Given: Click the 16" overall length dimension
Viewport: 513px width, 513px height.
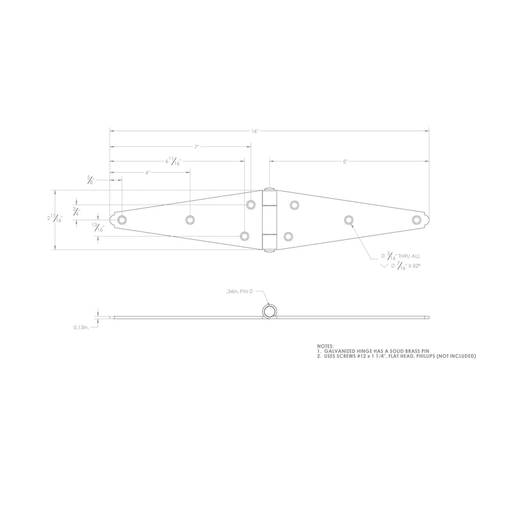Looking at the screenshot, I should (255, 131).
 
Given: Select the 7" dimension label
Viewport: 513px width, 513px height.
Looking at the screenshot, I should (197, 147).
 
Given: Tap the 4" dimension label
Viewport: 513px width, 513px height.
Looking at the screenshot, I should (147, 173).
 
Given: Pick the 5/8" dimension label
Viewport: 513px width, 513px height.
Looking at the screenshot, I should (89, 181).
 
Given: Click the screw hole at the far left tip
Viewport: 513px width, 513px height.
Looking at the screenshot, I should (122, 220).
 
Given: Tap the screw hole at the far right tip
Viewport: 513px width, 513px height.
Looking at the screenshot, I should (417, 220).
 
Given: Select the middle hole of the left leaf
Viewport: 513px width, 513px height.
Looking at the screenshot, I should (190, 220).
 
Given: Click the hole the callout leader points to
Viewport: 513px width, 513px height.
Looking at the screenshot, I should (349, 220).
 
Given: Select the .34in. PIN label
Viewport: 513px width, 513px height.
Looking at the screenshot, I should (241, 292).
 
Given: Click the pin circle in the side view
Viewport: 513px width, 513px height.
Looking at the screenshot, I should (269, 311).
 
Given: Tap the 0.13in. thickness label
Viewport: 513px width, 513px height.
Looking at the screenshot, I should (82, 328).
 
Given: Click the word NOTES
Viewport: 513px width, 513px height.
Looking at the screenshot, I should (325, 346).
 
